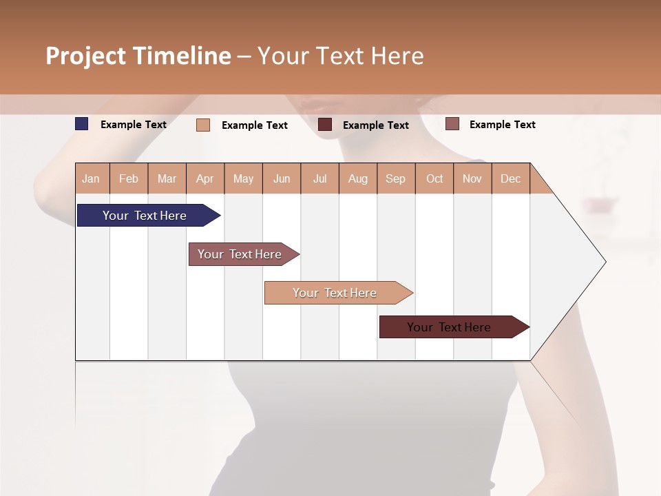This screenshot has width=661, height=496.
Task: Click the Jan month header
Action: pos(91,178)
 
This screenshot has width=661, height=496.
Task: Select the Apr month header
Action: pos(204,178)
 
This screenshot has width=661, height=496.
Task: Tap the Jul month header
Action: pos(319,178)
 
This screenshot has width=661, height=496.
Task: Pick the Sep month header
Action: pos(395,178)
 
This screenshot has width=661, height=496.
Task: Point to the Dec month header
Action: pos(510,178)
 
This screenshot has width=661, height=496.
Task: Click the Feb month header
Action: pos(129,178)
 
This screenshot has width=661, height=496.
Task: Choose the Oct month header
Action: pos(434,178)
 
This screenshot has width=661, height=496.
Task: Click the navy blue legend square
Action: pos(82,124)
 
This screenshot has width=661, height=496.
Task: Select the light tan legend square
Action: pos(203,125)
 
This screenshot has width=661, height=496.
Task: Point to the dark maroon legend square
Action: pos(325,125)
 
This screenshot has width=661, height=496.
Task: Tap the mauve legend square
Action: pos(452,124)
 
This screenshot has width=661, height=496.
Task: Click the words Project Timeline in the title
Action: pos(138,56)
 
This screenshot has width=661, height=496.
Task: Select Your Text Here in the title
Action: pos(340,56)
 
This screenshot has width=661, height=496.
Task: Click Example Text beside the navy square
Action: pos(134,125)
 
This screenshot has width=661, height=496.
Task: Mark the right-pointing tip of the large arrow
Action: pos(605,262)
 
